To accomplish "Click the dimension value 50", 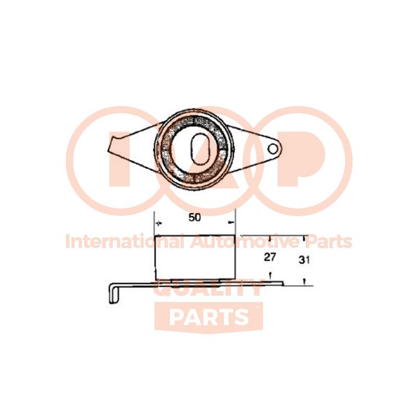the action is pos(194,217).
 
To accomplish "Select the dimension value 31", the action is pos(304,260).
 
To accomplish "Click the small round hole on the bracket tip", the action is pos(273,149).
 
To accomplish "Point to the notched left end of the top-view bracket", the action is pos(113,144).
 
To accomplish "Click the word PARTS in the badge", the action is pos(209,317).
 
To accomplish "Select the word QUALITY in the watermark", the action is pos(209,289).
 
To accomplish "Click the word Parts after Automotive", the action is pos(327,242).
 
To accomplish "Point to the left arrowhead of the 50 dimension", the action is pos(159,224).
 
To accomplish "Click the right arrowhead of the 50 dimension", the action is pos(231,222).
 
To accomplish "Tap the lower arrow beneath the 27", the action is pos(270,276).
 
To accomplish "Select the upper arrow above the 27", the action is pos(270,238).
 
